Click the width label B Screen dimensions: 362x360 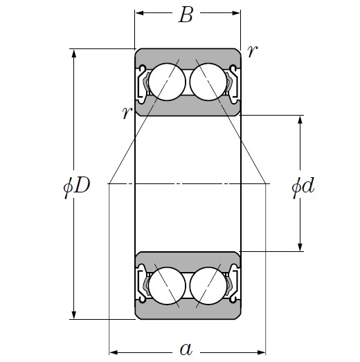186,15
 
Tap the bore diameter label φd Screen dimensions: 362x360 303,185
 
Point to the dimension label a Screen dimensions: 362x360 186,348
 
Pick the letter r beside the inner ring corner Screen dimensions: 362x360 125,113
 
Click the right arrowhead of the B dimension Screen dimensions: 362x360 237,13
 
